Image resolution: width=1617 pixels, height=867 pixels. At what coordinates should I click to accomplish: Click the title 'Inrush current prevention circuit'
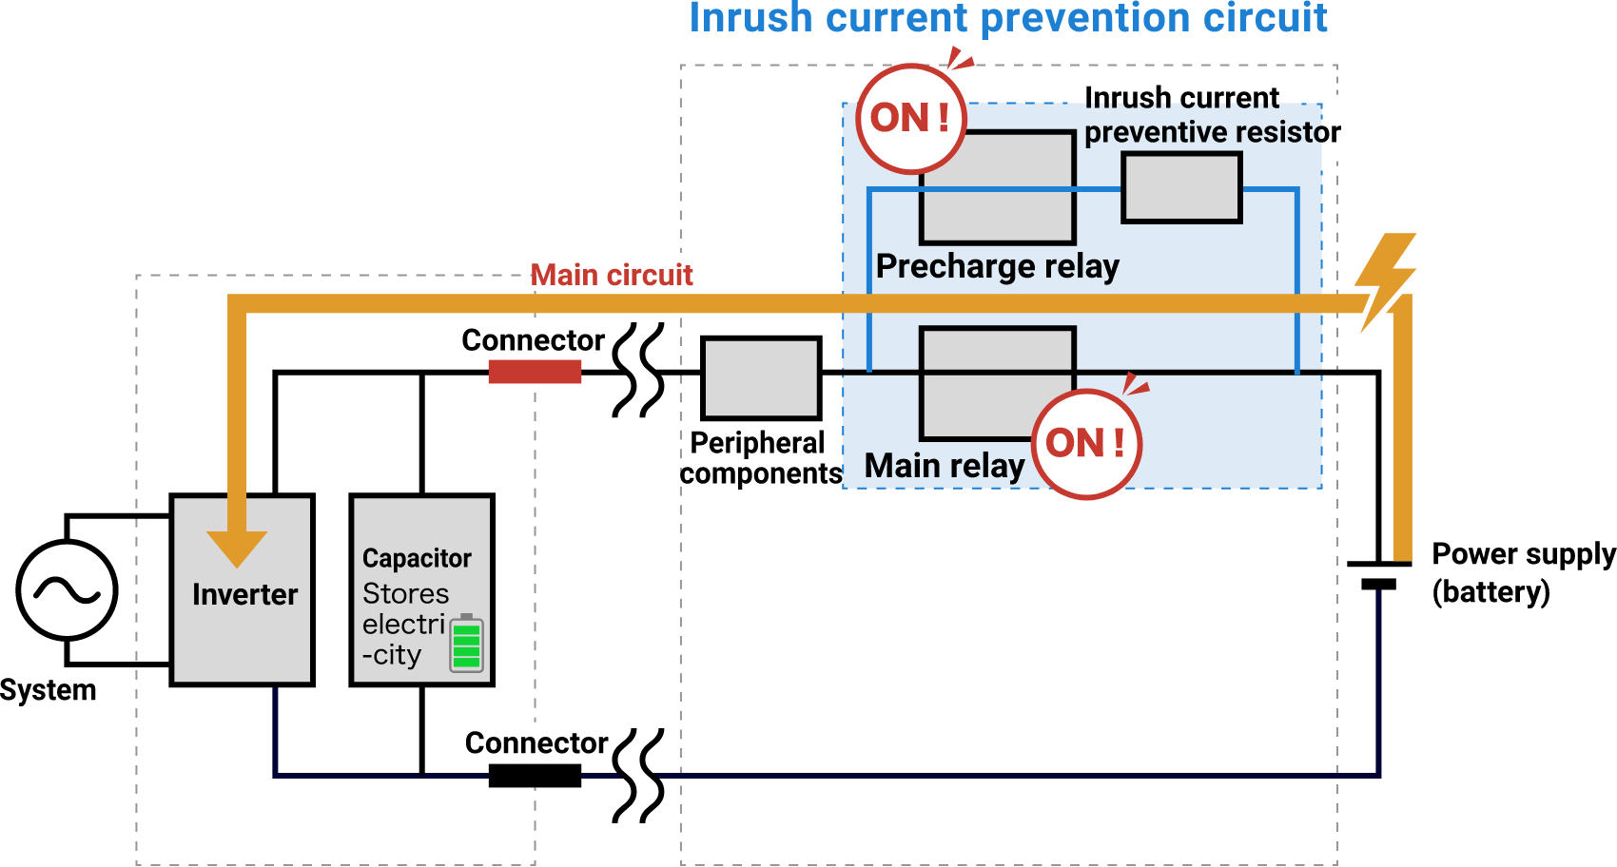click(x=1007, y=19)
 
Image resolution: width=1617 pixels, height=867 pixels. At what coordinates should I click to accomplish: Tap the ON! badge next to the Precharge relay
click(x=911, y=119)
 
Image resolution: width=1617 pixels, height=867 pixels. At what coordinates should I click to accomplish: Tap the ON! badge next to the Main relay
click(x=1086, y=444)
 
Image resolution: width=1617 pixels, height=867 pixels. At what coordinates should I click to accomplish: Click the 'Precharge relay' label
click(x=997, y=266)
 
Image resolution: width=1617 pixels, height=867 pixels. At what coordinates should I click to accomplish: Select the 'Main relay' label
click(x=944, y=466)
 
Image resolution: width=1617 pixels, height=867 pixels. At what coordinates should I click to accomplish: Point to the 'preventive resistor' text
click(x=1203, y=132)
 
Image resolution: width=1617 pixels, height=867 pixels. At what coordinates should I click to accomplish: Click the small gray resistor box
click(x=1181, y=188)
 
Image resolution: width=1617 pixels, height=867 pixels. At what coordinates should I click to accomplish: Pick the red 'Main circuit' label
click(x=612, y=276)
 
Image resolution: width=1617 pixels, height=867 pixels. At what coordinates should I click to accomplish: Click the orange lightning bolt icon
click(x=1385, y=281)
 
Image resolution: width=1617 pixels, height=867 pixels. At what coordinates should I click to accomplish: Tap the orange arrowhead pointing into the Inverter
click(x=237, y=548)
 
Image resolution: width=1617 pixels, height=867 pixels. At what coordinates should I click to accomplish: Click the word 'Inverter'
click(x=244, y=595)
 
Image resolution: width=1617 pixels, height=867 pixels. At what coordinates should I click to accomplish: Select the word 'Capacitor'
click(x=417, y=558)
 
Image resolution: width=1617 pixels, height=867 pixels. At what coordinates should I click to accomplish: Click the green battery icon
click(x=466, y=645)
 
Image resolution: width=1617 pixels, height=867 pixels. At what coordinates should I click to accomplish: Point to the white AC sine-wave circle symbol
click(x=67, y=590)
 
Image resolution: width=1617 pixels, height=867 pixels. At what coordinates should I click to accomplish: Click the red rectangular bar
click(x=535, y=372)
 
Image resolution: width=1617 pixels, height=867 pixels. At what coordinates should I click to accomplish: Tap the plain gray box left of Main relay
click(x=761, y=378)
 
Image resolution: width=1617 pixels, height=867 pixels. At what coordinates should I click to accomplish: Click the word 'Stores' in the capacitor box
click(x=405, y=594)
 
